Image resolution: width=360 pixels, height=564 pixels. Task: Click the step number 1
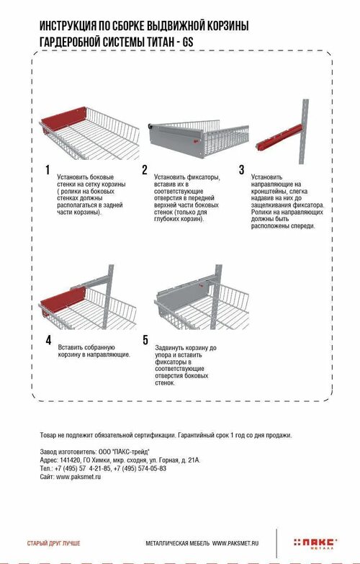click(48, 170)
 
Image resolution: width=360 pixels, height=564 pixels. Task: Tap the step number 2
click(145, 170)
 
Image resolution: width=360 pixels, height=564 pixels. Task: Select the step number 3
click(242, 170)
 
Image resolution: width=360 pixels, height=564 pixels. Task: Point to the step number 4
click(48, 340)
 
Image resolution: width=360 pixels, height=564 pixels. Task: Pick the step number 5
click(145, 340)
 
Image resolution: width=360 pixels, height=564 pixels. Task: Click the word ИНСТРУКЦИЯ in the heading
click(66, 26)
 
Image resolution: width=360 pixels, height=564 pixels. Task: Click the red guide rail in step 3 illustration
click(279, 137)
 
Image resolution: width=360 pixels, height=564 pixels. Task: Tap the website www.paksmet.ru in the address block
click(78, 477)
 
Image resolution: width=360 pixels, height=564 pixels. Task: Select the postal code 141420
click(68, 460)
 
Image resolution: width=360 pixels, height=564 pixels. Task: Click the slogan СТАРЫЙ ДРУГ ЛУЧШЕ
click(53, 543)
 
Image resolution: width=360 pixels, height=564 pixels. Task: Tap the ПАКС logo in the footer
click(315, 544)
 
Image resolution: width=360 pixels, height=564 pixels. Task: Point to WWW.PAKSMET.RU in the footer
click(235, 543)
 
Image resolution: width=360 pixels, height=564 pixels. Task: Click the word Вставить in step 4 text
click(71, 347)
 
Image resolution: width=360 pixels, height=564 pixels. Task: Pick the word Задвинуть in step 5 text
click(170, 348)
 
